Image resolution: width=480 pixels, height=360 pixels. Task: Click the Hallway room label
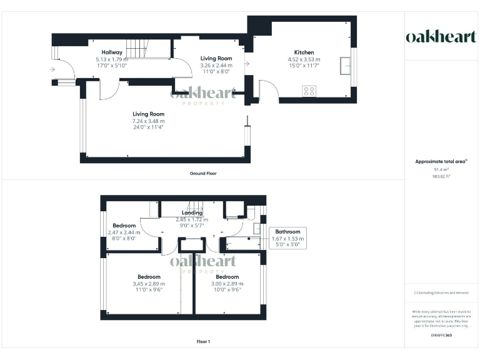pos(112,52)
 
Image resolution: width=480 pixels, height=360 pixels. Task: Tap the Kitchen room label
pos(304,52)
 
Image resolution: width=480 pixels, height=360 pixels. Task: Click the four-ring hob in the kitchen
pos(309,91)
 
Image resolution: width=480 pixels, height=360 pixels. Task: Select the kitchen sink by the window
pos(345,64)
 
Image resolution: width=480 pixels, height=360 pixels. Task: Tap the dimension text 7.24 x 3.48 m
pos(148,121)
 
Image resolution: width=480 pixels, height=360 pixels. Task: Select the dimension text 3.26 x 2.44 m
pos(216,65)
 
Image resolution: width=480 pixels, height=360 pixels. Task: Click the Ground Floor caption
pos(203,173)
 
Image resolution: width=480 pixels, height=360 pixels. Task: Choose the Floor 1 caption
pos(203,342)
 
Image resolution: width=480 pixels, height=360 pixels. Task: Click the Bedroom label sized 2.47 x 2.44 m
pos(124,226)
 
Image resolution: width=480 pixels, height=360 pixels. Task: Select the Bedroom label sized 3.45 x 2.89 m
pos(149,276)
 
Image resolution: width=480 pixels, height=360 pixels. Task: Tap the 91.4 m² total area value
pos(433,169)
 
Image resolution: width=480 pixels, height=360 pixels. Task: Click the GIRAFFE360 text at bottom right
pos(441,336)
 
